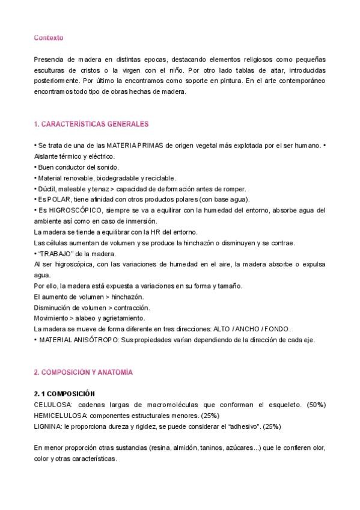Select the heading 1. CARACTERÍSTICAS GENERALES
[91, 124]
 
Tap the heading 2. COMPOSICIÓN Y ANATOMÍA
[84, 372]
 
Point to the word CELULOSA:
[54, 405]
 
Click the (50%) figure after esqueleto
[315, 405]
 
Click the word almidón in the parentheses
[163, 447]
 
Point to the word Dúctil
[47, 188]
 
